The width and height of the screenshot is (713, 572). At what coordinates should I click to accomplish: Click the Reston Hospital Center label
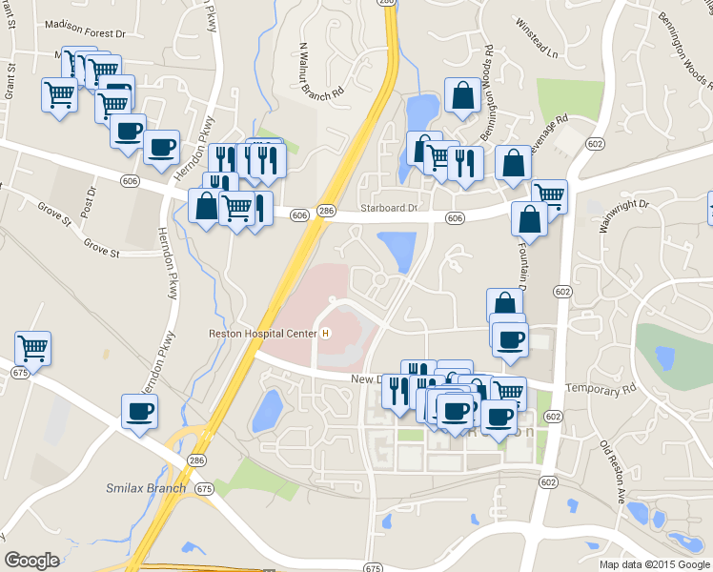(263, 334)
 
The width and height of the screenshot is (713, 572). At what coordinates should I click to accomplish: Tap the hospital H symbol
(326, 334)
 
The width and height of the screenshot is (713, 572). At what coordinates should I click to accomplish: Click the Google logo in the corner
(31, 561)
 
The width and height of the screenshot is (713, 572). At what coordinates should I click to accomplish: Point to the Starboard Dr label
(389, 208)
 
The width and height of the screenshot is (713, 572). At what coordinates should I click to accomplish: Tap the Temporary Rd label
(601, 389)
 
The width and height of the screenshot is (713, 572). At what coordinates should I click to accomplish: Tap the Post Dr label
(91, 200)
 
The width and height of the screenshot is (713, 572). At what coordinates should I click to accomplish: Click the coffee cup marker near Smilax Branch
(139, 413)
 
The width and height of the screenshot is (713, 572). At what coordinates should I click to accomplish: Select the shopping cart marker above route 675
(33, 348)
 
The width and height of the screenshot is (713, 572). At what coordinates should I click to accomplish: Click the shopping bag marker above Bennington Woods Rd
(462, 96)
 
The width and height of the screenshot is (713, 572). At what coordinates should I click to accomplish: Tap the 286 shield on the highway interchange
(196, 460)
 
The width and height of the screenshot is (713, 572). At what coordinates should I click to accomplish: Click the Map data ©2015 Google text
(654, 564)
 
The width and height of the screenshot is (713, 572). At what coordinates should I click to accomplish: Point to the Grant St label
(10, 80)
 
